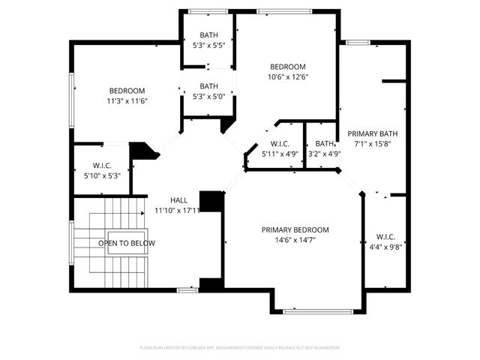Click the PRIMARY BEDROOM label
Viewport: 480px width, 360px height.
[295, 229]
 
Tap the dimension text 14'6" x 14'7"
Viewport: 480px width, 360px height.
[295, 241]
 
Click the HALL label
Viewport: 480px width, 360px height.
[178, 199]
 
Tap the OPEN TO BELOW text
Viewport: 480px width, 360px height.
[127, 243]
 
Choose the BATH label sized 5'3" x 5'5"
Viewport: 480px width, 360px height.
[208, 35]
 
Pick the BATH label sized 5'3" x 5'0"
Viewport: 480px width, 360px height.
[208, 85]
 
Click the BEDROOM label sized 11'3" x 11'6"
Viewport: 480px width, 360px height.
[127, 91]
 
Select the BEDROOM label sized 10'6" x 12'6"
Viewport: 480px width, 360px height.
[288, 66]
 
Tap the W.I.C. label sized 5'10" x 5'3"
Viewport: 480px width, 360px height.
[103, 165]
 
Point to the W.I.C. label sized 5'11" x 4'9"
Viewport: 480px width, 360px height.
[280, 144]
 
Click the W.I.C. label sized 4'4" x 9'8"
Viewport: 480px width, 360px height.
[386, 236]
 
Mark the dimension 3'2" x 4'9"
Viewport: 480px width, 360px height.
[325, 154]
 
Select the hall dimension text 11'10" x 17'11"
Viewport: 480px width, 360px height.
[178, 210]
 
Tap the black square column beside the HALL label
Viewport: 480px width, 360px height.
[212, 201]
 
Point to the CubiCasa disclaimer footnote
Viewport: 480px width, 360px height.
[240, 347]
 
